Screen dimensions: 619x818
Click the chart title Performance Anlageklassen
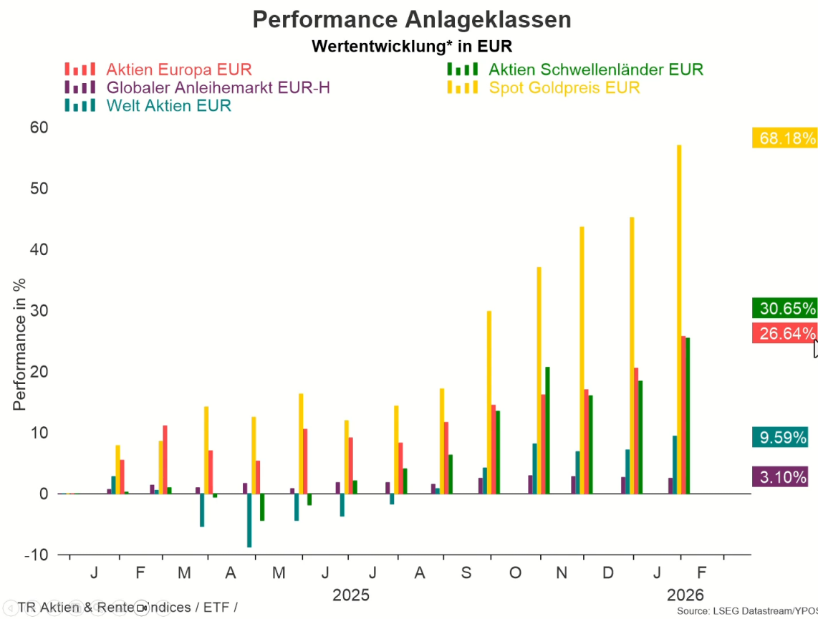tap(412, 19)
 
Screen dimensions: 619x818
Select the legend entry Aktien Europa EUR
tap(179, 69)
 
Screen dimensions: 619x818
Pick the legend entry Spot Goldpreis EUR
tap(564, 87)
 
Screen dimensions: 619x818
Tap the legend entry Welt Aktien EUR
tap(168, 106)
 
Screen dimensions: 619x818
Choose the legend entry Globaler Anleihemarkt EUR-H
tap(218, 87)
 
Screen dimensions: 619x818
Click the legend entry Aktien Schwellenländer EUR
tap(595, 69)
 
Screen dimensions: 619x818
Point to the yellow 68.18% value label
tap(784, 138)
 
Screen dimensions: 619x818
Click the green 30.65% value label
tap(784, 309)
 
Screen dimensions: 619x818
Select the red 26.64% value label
tap(784, 333)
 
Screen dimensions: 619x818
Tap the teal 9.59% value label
tap(780, 437)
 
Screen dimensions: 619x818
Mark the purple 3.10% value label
tap(780, 476)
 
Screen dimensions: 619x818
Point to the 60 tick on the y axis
tap(39, 128)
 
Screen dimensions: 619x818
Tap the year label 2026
tap(685, 595)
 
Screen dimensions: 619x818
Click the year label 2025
tap(351, 595)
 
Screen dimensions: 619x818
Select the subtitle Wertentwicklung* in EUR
tap(412, 47)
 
